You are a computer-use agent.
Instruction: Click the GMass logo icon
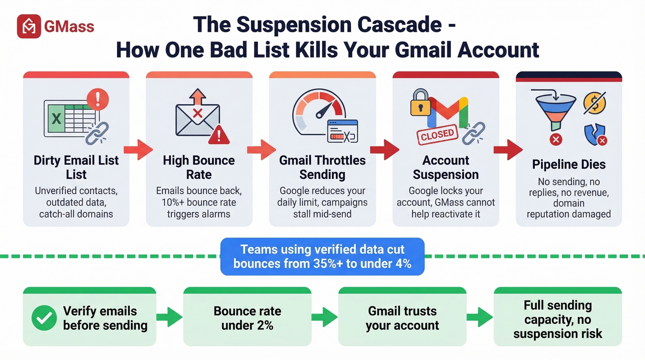[x=29, y=26]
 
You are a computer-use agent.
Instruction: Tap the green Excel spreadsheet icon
[x=57, y=119]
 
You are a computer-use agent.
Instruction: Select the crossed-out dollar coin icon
[x=594, y=103]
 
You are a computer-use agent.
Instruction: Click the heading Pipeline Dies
[x=569, y=165]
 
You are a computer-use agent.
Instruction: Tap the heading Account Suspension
[x=446, y=167]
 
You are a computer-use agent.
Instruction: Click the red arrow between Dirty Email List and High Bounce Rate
[x=138, y=149]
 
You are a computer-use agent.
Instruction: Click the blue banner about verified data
[x=322, y=256]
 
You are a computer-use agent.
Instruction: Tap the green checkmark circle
[x=44, y=318]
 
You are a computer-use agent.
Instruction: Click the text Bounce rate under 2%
[x=247, y=318]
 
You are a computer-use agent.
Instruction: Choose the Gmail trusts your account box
[x=402, y=318]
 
